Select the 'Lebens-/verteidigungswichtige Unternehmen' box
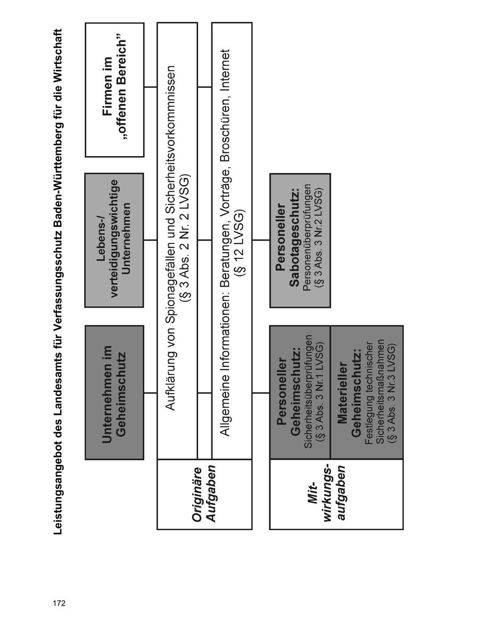pyautogui.click(x=114, y=240)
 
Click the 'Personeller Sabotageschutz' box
pyautogui.click(x=300, y=240)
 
